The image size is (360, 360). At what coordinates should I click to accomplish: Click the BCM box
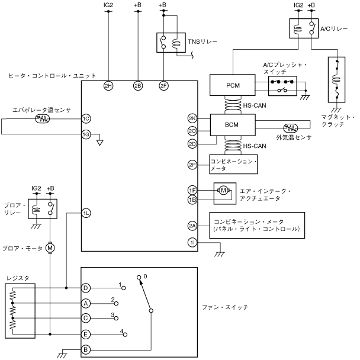click(233, 126)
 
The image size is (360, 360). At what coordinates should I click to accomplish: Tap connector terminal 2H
click(108, 85)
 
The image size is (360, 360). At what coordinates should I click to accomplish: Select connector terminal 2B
click(137, 85)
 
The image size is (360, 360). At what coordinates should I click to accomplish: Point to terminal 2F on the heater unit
click(163, 85)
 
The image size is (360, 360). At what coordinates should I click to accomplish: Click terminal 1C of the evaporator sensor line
click(86, 118)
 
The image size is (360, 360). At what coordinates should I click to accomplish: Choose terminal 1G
click(86, 134)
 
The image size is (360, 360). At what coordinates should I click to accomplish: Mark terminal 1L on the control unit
click(86, 213)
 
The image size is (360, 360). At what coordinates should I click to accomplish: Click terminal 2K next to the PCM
click(192, 118)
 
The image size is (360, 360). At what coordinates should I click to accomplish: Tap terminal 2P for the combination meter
click(192, 165)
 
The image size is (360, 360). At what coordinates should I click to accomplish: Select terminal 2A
click(192, 226)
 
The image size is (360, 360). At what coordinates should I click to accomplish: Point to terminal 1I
click(192, 242)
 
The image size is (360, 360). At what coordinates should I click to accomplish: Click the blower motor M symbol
click(50, 246)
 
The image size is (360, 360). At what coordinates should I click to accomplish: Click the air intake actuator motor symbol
click(223, 190)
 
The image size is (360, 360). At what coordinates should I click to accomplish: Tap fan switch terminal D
click(86, 288)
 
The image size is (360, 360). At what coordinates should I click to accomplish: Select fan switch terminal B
click(86, 349)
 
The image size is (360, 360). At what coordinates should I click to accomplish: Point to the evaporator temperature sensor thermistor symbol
click(42, 118)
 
